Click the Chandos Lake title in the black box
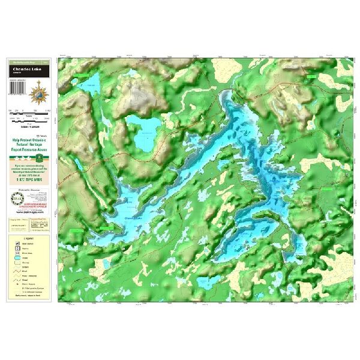pos(29,68)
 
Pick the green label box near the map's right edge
pos(326,188)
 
